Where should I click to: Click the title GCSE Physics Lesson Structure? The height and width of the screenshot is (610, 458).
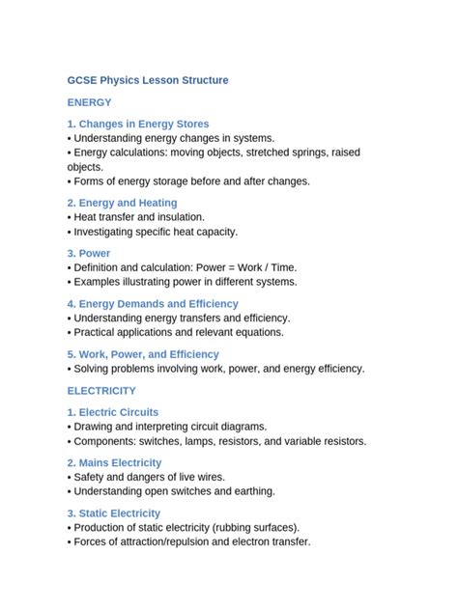tap(148, 80)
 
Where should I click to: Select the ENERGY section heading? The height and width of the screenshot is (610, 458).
tap(89, 102)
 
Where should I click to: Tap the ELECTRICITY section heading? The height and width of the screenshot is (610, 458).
tap(101, 391)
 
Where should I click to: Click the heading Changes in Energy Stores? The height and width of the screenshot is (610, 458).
tap(138, 124)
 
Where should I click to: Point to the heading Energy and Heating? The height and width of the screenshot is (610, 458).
tap(122, 203)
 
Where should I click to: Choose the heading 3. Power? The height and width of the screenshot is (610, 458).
tap(89, 253)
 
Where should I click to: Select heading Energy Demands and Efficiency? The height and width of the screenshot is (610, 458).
tap(153, 303)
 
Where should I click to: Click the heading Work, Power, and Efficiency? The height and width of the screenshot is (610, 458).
tap(143, 354)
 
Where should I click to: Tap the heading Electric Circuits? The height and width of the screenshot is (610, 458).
tap(113, 412)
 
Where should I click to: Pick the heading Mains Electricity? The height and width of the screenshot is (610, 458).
tap(114, 462)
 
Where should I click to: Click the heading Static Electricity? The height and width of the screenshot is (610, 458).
tap(114, 513)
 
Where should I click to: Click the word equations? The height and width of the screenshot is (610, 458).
tap(255, 332)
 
